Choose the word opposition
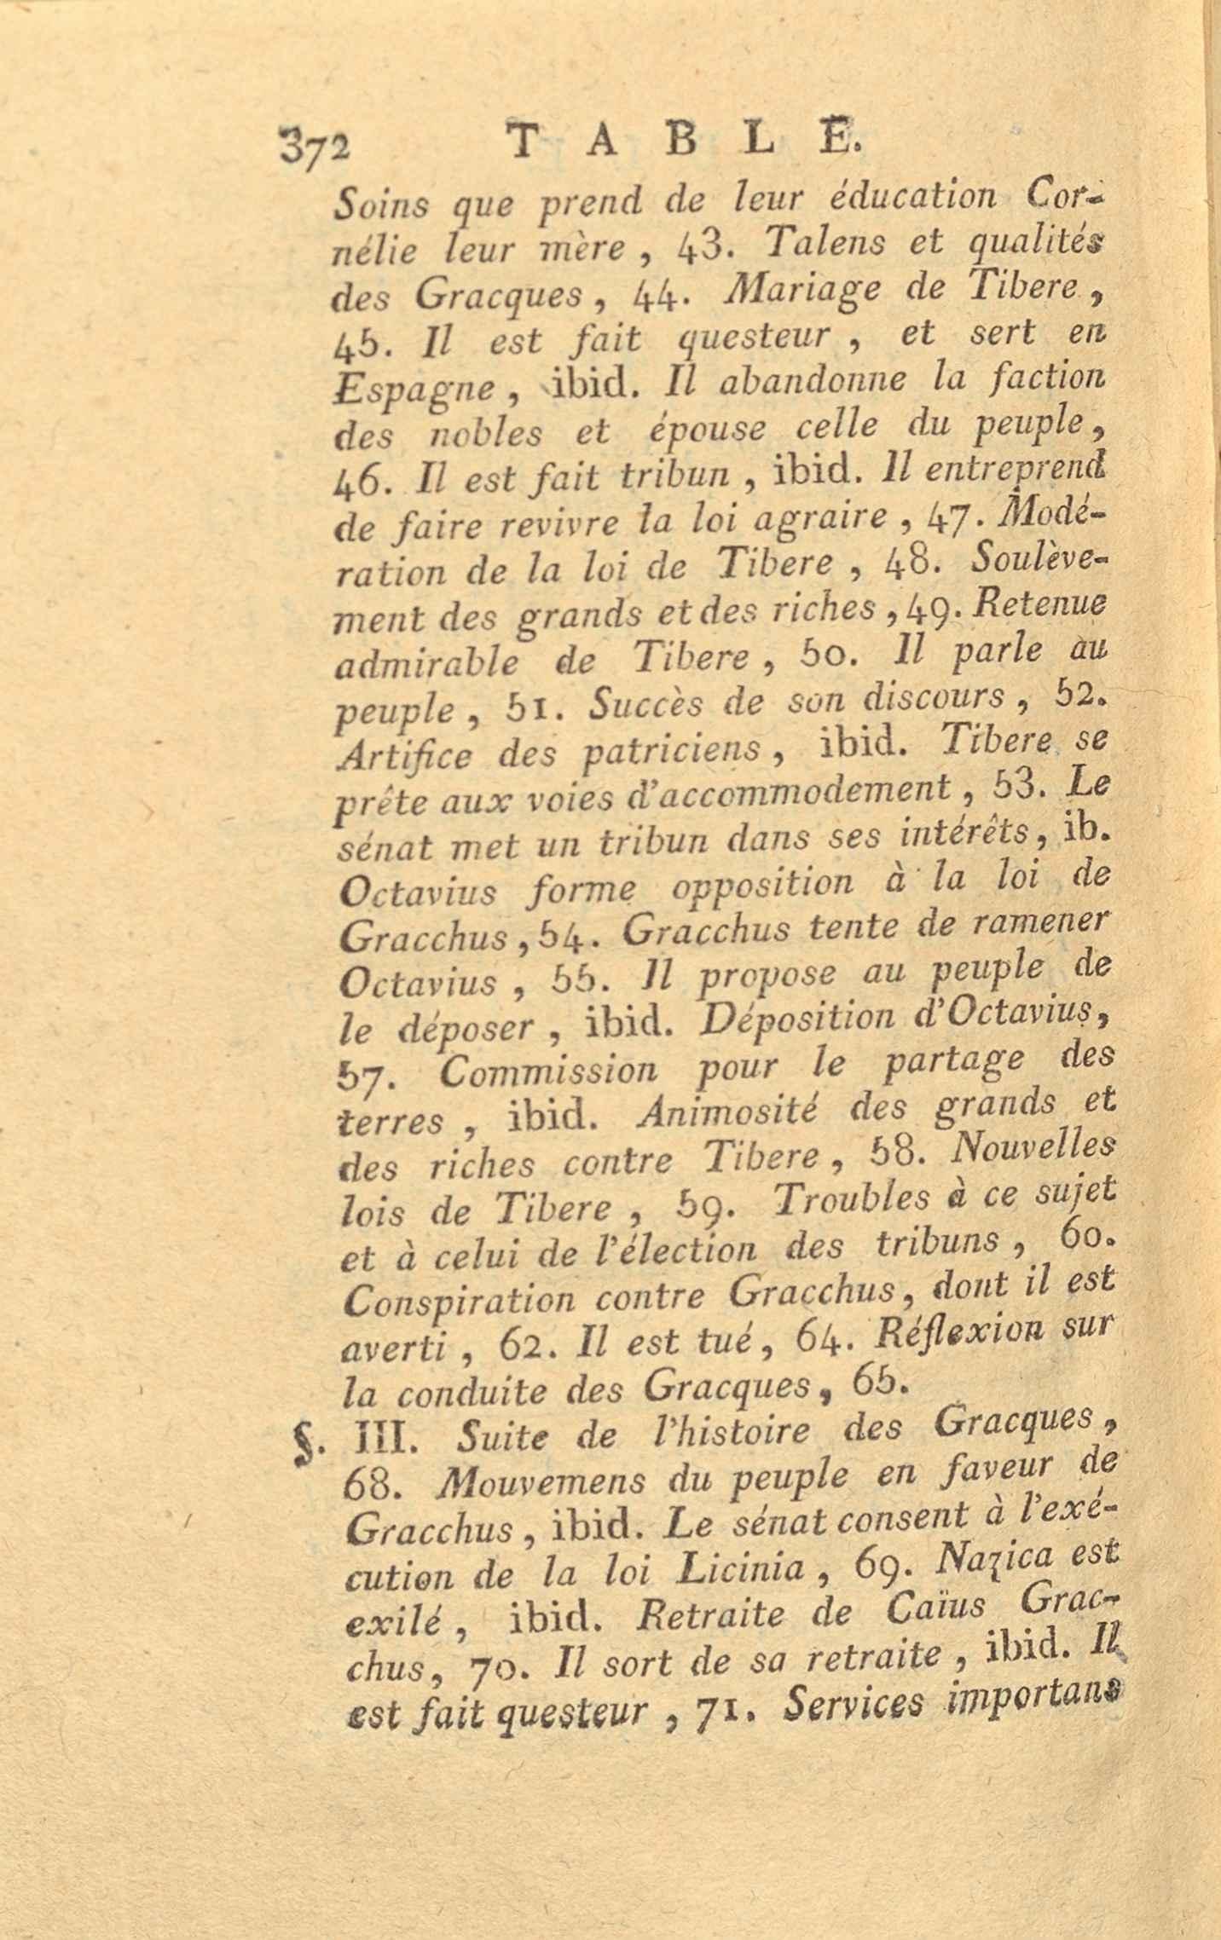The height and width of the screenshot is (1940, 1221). click(x=761, y=886)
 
